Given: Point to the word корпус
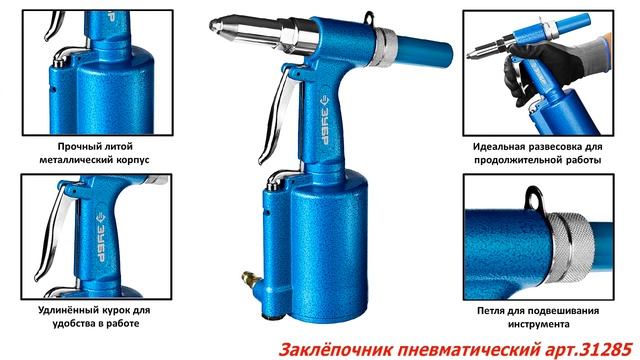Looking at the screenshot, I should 132,158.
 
